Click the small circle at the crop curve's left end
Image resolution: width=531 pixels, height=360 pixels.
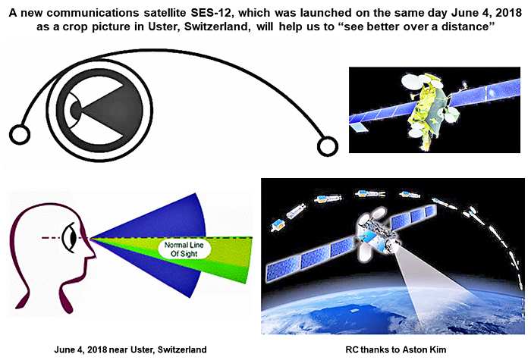point(20,134)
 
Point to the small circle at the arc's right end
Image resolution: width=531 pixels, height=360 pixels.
point(328,146)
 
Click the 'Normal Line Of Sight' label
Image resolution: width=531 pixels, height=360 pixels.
point(184,249)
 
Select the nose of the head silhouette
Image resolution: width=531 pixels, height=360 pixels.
point(92,252)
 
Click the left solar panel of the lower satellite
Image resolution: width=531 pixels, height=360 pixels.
point(310,258)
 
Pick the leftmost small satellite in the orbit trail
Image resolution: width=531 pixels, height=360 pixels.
point(278,224)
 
